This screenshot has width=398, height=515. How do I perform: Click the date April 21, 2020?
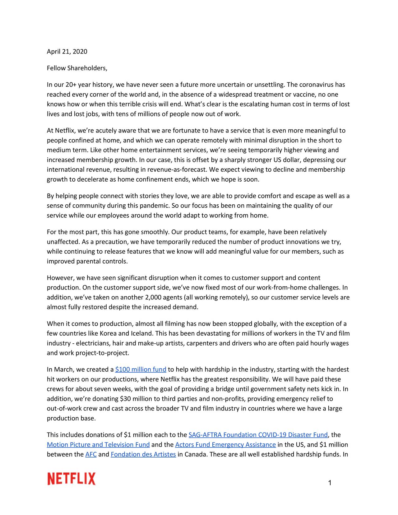pyautogui.click(x=67, y=52)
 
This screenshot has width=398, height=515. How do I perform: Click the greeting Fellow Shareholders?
pyautogui.click(x=77, y=68)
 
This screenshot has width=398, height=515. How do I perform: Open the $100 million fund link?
pyautogui.click(x=141, y=369)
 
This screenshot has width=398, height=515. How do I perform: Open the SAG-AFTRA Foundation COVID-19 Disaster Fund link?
pyautogui.click(x=258, y=435)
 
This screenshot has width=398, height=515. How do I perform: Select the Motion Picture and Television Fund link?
pyautogui.click(x=98, y=445)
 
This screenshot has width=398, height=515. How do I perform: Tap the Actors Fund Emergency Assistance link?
pyautogui.click(x=225, y=445)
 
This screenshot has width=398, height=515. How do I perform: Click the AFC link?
pyautogui.click(x=91, y=455)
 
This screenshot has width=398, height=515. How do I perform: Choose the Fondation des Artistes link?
pyautogui.click(x=143, y=455)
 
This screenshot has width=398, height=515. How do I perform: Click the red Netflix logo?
pyautogui.click(x=72, y=479)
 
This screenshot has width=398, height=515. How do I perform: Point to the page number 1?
pyautogui.click(x=330, y=483)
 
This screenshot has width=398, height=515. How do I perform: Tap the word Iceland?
pyautogui.click(x=142, y=334)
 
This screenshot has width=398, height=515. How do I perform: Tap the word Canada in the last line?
pyautogui.click(x=196, y=455)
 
